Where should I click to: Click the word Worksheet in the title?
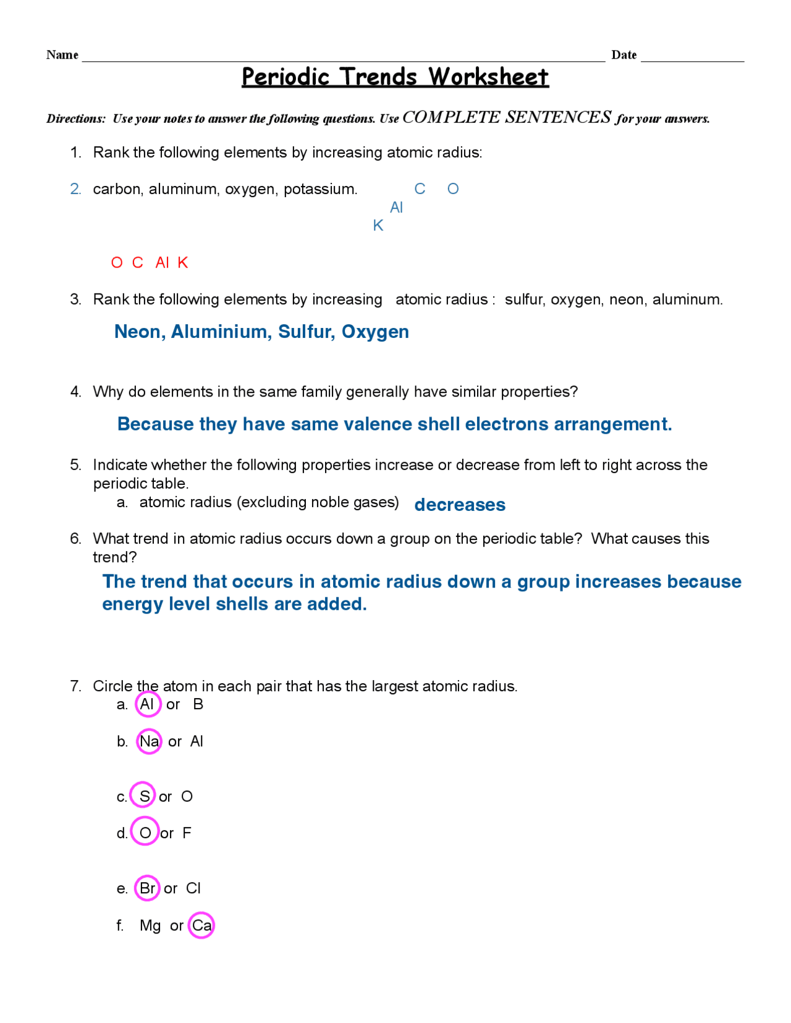(488, 77)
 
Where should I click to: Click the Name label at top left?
(62, 55)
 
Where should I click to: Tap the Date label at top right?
(624, 55)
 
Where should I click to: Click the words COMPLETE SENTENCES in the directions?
(506, 117)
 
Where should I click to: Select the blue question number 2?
(75, 189)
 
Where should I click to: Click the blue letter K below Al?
(378, 226)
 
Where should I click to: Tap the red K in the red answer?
(183, 263)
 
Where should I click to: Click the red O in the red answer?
(117, 263)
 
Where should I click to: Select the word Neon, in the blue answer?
(140, 332)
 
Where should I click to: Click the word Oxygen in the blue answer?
(375, 332)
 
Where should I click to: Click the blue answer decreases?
(460, 505)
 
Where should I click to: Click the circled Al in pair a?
(147, 705)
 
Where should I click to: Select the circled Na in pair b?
(149, 741)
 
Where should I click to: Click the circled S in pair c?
(144, 796)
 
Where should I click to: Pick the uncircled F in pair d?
(187, 833)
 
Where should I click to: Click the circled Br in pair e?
(148, 888)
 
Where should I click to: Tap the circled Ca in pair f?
(201, 925)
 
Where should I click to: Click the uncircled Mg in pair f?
(150, 925)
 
